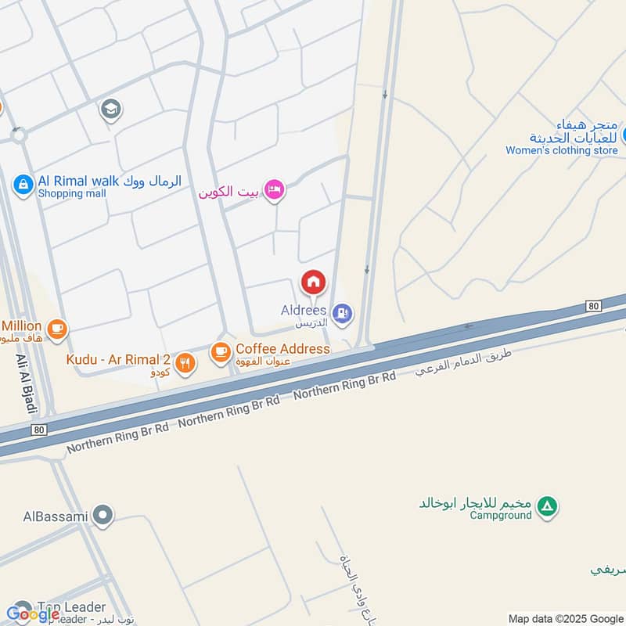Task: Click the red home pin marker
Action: pos(314,282)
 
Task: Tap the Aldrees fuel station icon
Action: pos(342,314)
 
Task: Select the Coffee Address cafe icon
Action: pos(221,353)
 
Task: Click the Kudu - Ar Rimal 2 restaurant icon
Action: pos(185,362)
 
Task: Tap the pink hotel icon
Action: pos(273,190)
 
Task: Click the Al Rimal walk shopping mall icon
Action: pos(23,185)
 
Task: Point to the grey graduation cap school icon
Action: pos(110,110)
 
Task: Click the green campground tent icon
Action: pos(549,507)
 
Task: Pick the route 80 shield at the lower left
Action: pos(39,430)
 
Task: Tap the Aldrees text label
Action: pos(303,311)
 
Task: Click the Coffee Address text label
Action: pos(282,348)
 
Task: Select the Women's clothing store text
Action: pos(561,150)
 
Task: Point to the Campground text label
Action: pos(501,515)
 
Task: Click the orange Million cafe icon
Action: pos(56,330)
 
